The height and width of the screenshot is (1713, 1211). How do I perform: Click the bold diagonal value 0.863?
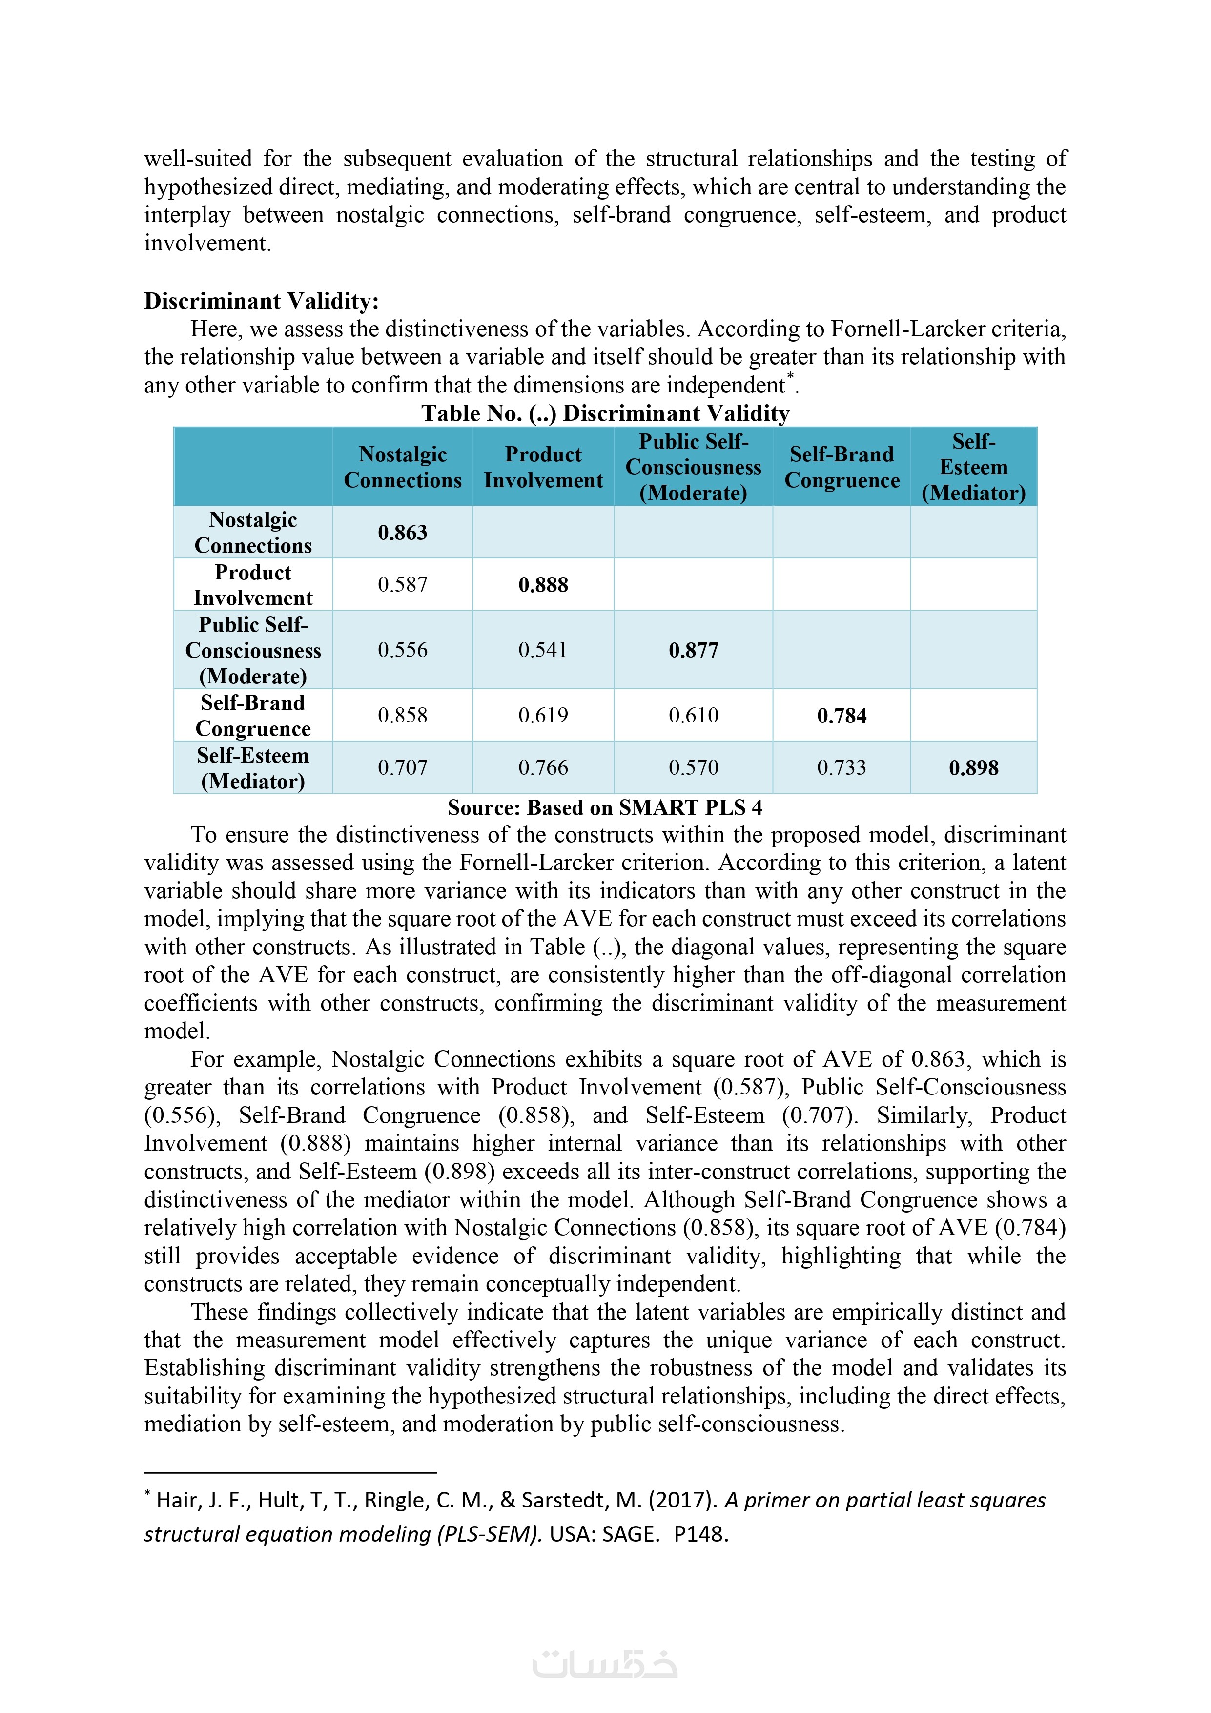402,533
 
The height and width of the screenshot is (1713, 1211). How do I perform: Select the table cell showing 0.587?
402,585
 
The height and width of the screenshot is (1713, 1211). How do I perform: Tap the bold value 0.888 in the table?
543,585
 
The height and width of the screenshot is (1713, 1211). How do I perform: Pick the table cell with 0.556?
402,650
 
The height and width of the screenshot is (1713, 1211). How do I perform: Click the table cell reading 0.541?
543,650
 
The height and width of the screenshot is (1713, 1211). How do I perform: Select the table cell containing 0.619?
543,716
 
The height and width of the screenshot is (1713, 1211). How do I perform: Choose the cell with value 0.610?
693,716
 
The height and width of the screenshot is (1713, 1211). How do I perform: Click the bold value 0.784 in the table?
842,716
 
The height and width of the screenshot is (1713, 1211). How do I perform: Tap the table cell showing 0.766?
543,768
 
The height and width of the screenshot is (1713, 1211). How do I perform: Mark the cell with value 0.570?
693,768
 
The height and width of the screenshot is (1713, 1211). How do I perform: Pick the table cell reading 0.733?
842,768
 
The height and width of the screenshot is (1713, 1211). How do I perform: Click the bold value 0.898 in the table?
974,768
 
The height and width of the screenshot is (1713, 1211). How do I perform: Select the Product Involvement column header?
543,467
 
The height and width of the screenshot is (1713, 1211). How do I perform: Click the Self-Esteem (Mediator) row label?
253,768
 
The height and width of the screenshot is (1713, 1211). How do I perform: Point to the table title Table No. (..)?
605,413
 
